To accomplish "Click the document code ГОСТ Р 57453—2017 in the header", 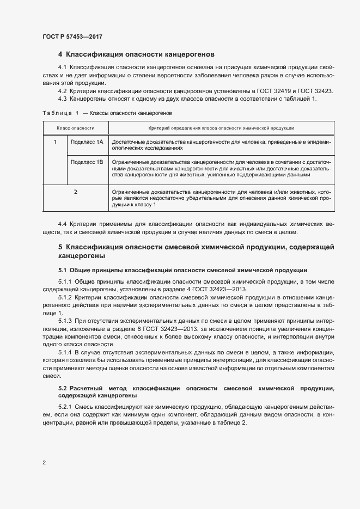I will (72, 36).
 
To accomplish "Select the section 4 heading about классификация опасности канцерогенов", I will (136, 54).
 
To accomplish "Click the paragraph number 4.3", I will (63, 99).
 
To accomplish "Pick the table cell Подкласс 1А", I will (87, 142).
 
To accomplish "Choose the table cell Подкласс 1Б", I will (87, 162).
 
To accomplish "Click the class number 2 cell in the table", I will (76, 192).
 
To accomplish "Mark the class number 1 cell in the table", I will (55, 142).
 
